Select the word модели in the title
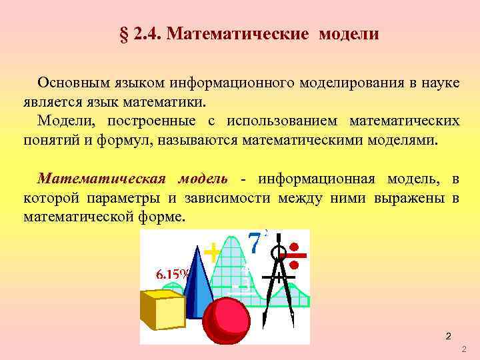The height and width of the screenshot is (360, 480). [348, 34]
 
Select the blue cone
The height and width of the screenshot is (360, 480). [198, 280]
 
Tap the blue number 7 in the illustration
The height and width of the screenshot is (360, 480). [255, 244]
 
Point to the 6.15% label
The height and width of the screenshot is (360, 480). [172, 274]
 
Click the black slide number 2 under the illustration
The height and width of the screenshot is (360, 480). [449, 336]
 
